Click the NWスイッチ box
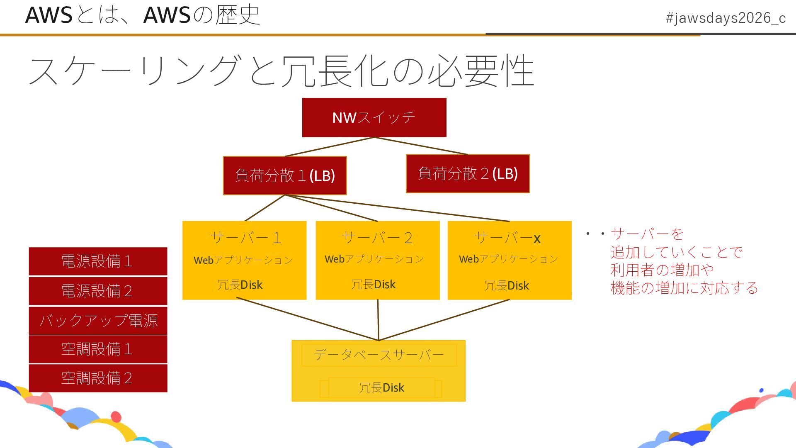pyautogui.click(x=374, y=117)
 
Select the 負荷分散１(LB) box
pyautogui.click(x=285, y=175)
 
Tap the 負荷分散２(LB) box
pyautogui.click(x=468, y=173)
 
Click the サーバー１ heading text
pyautogui.click(x=246, y=238)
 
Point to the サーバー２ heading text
pyautogui.click(x=377, y=238)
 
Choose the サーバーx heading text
pyautogui.click(x=507, y=238)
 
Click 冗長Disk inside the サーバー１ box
pyautogui.click(x=240, y=285)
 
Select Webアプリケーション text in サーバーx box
pyautogui.click(x=508, y=259)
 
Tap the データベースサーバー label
pyautogui.click(x=379, y=355)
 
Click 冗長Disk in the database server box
pyautogui.click(x=381, y=387)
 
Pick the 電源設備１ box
pyautogui.click(x=98, y=261)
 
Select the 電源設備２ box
pyautogui.click(x=98, y=291)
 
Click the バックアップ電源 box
pyautogui.click(x=98, y=320)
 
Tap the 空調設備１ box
pyautogui.click(x=98, y=349)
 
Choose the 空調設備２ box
pyautogui.click(x=98, y=378)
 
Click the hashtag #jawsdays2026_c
pyautogui.click(x=726, y=18)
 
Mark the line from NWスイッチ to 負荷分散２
pyautogui.click(x=421, y=146)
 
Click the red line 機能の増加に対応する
pyautogui.click(x=684, y=288)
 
